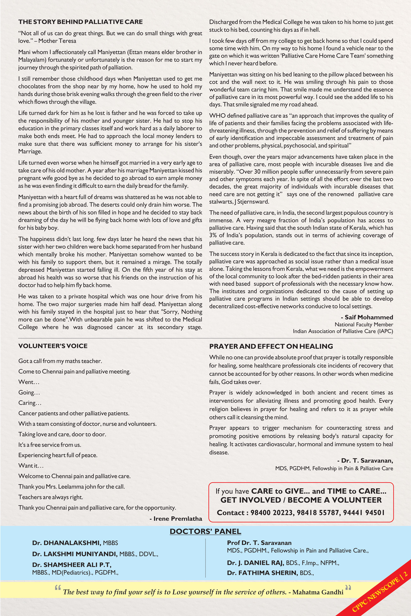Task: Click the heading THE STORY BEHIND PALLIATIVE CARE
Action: tap(81, 22)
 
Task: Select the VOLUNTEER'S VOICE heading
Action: tap(53, 346)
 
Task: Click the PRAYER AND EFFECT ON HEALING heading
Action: tap(271, 346)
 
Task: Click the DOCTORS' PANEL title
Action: tap(205, 531)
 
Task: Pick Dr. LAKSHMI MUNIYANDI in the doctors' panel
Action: tap(75, 554)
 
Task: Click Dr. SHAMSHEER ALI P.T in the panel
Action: tap(72, 565)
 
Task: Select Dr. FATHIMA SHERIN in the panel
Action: tap(262, 573)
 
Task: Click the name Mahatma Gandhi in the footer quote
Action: tap(318, 592)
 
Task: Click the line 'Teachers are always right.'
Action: tap(51, 497)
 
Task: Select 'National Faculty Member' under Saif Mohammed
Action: tap(364, 324)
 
